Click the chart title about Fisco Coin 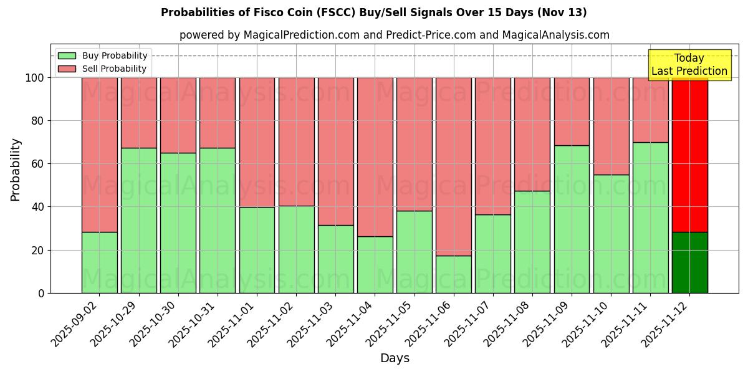click(373, 12)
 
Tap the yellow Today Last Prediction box click(689, 65)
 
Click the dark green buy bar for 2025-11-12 click(689, 262)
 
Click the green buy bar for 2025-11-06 click(453, 274)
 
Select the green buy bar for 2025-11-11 click(650, 218)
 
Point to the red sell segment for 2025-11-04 click(375, 156)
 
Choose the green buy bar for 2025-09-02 click(99, 262)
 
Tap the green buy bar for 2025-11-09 click(572, 219)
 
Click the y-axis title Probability click(16, 169)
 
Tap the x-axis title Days click(395, 358)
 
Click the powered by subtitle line click(394, 35)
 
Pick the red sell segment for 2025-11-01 click(257, 142)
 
